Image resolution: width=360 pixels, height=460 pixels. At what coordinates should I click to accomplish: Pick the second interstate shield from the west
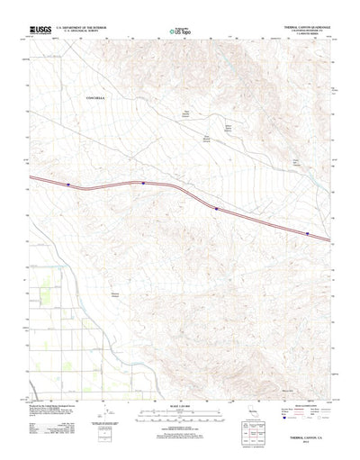point(143,183)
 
